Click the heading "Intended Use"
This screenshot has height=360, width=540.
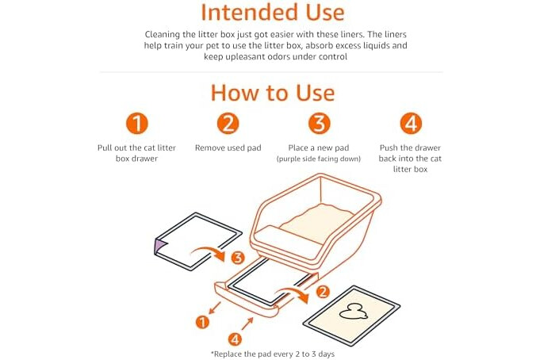pyautogui.click(x=273, y=13)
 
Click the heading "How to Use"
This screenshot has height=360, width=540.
pyautogui.click(x=273, y=93)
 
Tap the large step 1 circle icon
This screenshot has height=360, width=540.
pyautogui.click(x=136, y=124)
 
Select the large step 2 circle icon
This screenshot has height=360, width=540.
pyautogui.click(x=228, y=124)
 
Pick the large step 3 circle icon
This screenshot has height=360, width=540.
pyautogui.click(x=319, y=124)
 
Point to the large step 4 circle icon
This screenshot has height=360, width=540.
pyautogui.click(x=411, y=124)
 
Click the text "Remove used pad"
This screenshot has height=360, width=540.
pyautogui.click(x=228, y=147)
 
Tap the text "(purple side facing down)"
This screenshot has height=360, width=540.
pyautogui.click(x=319, y=159)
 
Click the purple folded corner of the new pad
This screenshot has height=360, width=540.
pyautogui.click(x=160, y=246)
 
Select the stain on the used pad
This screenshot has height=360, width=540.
pyautogui.click(x=354, y=312)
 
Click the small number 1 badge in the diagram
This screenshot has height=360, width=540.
pyautogui.click(x=202, y=322)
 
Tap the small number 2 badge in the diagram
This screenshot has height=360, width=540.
pyautogui.click(x=323, y=292)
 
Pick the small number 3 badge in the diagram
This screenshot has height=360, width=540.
pyautogui.click(x=238, y=258)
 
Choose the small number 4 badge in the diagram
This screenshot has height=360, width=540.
pyautogui.click(x=235, y=339)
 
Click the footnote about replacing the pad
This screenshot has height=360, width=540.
pyautogui.click(x=273, y=354)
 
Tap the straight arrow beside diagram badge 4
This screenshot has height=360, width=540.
pyautogui.click(x=247, y=324)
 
